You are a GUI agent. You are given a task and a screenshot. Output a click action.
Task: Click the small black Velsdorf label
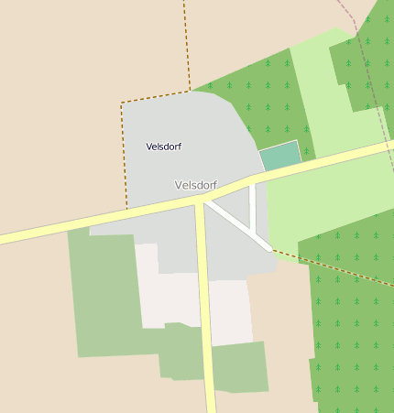(x=162, y=147)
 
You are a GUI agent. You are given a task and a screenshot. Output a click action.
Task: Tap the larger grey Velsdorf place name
(x=195, y=185)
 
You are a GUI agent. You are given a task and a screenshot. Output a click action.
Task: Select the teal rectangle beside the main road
(x=280, y=156)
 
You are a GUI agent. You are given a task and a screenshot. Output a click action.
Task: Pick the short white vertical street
(x=253, y=206)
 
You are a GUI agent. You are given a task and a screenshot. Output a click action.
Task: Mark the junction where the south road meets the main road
(x=199, y=203)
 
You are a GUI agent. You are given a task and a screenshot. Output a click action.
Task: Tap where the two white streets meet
(x=254, y=232)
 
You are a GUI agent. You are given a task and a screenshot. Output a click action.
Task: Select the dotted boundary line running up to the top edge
(x=185, y=46)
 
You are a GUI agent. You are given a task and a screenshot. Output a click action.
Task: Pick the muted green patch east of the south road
(x=240, y=366)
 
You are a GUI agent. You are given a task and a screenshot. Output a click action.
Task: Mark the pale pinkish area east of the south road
(x=229, y=311)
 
